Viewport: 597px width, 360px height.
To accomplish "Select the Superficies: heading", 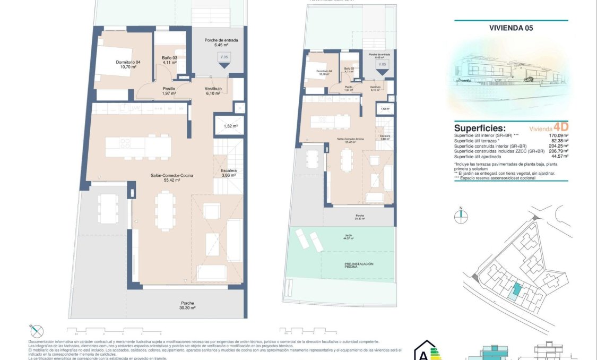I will click(480, 128).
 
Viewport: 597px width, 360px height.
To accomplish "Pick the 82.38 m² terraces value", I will click(557, 141).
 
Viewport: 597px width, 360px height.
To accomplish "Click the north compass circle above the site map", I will click(461, 216).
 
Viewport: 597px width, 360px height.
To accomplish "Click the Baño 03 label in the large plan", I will click(170, 60).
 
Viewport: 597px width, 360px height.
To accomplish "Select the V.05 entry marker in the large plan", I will click(224, 58).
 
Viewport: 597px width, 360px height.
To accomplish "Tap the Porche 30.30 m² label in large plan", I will click(187, 305).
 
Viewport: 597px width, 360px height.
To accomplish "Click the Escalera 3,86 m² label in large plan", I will click(229, 173).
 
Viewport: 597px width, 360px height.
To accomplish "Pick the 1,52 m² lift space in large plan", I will click(230, 126).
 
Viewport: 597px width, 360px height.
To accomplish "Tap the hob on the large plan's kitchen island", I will click(125, 143).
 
